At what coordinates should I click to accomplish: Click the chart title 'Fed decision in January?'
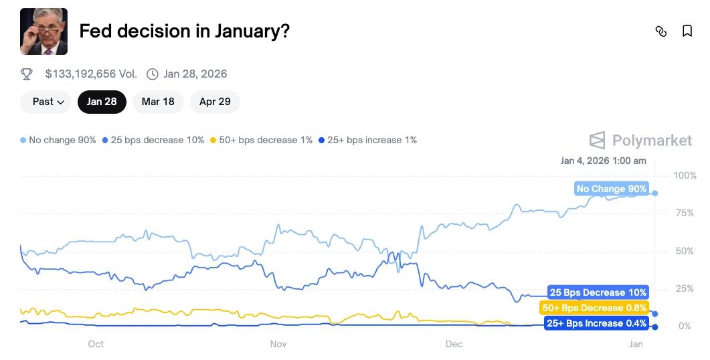(184, 31)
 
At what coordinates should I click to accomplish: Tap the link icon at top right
(661, 31)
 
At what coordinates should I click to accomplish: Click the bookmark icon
(687, 31)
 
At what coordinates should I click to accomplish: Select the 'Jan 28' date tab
(102, 102)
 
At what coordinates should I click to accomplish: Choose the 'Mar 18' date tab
(158, 102)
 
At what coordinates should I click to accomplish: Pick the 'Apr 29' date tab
(215, 102)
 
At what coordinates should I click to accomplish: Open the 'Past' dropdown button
(49, 102)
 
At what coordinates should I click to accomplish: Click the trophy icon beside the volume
(27, 74)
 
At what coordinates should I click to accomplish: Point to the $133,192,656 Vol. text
(91, 74)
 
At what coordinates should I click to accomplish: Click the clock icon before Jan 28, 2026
(153, 74)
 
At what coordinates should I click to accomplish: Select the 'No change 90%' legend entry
(58, 140)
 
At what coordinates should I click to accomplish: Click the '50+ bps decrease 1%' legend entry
(261, 140)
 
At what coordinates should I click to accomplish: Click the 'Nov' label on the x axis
(278, 344)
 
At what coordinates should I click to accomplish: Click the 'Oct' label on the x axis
(96, 344)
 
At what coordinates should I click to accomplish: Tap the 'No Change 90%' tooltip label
(612, 189)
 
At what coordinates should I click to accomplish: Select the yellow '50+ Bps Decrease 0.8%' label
(594, 308)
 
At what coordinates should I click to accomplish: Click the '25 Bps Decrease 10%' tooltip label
(598, 292)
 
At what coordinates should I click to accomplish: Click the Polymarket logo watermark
(640, 140)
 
